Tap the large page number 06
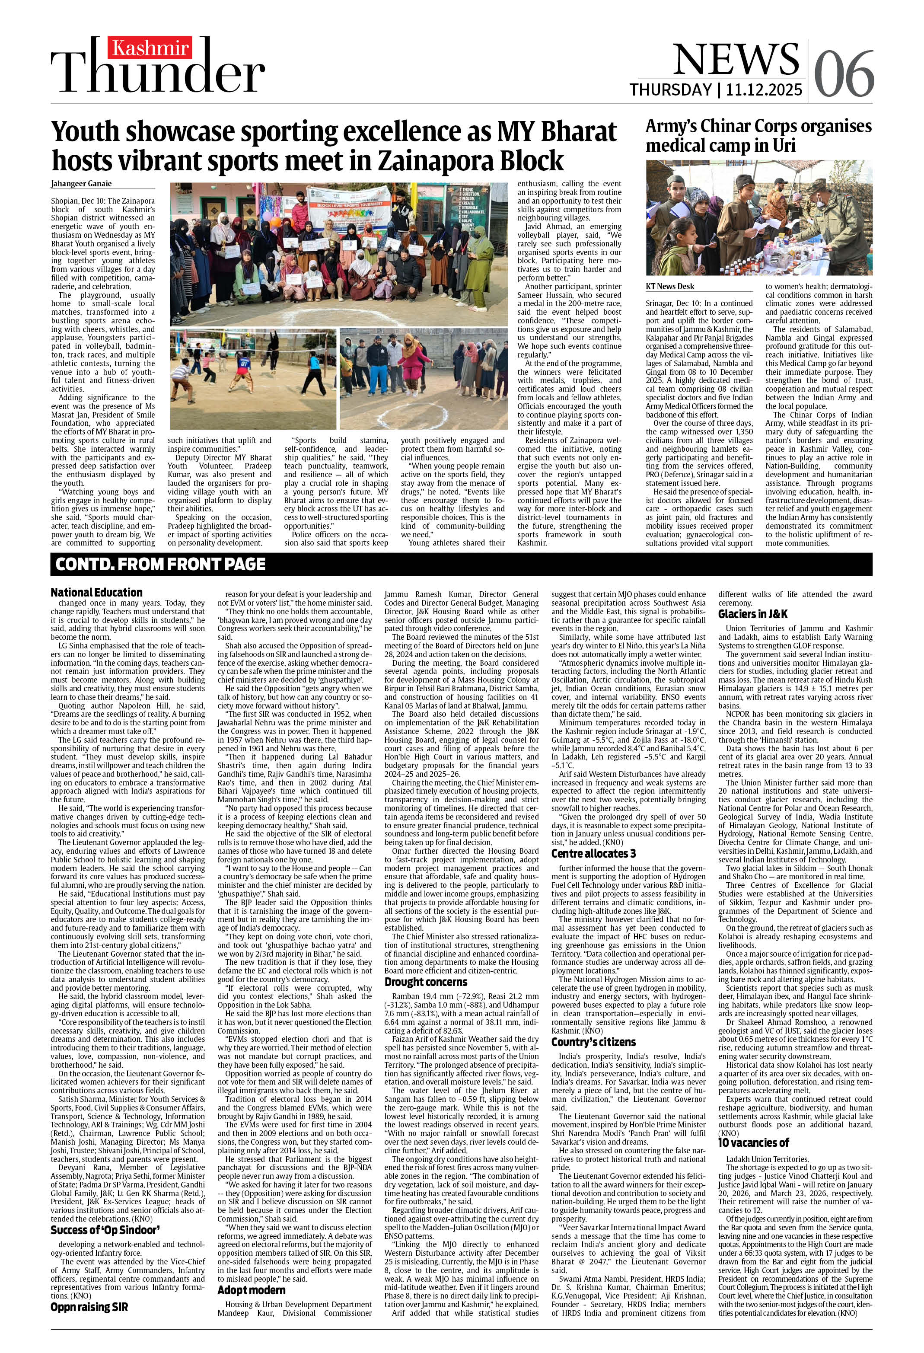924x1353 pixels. point(843,74)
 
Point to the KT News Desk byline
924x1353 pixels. point(669,286)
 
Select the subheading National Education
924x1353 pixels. point(96,592)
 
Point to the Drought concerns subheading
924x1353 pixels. point(426,982)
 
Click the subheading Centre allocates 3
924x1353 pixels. point(593,853)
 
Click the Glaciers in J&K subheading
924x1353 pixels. point(752,614)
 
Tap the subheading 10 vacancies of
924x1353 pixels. point(753,1142)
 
